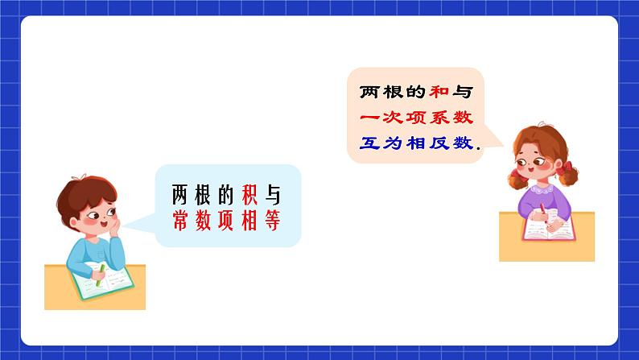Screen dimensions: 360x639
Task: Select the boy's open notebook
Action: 103,281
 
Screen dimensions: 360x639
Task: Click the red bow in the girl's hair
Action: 571,168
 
